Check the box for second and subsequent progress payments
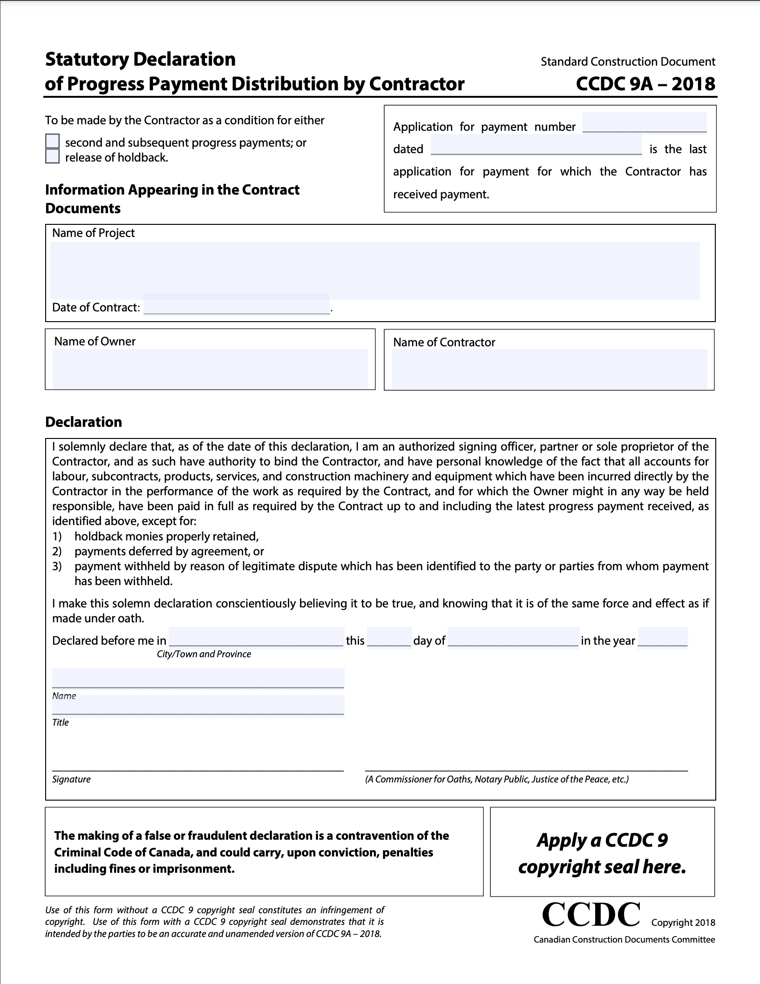tap(53, 141)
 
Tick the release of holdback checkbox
tap(53, 156)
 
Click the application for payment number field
tap(645, 123)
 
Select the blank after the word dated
tap(536, 145)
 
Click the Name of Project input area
tap(375, 270)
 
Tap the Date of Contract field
tap(237, 305)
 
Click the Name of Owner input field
tap(210, 368)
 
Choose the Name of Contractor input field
tap(549, 369)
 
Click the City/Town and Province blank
tap(256, 637)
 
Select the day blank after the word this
tap(389, 637)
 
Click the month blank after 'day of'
tap(514, 637)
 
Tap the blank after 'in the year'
tap(663, 637)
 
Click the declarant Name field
tap(198, 678)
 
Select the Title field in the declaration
tap(198, 705)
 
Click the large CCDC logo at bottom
tap(591, 915)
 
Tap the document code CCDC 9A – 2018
tap(645, 84)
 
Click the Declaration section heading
tap(84, 422)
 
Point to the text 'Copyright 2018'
tap(683, 923)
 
